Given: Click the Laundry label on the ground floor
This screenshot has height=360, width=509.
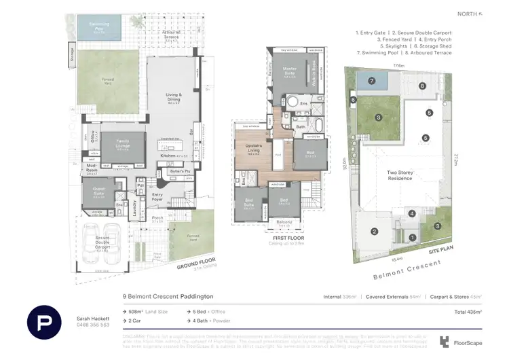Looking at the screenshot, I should pyautogui.click(x=135, y=208).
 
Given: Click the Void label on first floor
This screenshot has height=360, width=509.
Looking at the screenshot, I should pyautogui.click(x=278, y=154).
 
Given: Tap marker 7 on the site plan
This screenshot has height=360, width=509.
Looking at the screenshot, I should pyautogui.click(x=371, y=81).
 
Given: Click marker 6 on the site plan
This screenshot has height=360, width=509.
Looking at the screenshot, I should pyautogui.click(x=354, y=100).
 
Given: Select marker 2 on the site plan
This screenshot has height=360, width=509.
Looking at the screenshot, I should pyautogui.click(x=374, y=232).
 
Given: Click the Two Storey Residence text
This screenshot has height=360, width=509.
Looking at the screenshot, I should pyautogui.click(x=400, y=175).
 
